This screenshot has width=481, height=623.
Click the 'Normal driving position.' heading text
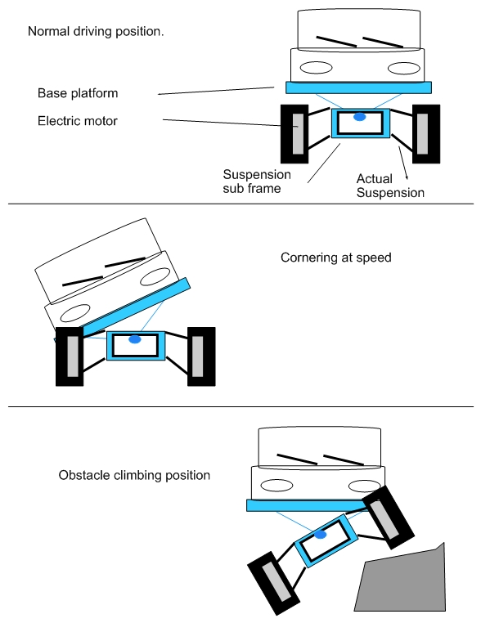[96, 31]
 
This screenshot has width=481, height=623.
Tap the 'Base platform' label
[78, 93]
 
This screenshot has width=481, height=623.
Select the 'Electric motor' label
[78, 121]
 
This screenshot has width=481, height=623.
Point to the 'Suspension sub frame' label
[257, 182]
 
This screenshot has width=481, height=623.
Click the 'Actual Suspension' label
[390, 186]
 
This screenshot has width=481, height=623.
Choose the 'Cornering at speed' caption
[336, 258]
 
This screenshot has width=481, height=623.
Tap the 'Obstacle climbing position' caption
[134, 475]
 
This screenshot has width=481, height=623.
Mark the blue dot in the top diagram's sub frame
[359, 117]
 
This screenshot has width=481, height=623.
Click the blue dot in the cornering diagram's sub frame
[135, 339]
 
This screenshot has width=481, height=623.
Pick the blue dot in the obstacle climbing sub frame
[321, 535]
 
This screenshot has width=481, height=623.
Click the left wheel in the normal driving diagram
[294, 134]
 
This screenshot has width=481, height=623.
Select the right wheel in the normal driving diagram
[426, 134]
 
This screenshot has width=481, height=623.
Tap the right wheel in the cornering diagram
[201, 356]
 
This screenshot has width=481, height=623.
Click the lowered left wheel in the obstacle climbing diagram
[273, 583]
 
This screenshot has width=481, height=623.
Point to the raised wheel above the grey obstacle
[388, 518]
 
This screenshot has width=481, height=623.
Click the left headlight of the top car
[316, 68]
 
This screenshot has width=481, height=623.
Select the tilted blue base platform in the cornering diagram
[122, 310]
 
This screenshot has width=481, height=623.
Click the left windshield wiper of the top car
[336, 42]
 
